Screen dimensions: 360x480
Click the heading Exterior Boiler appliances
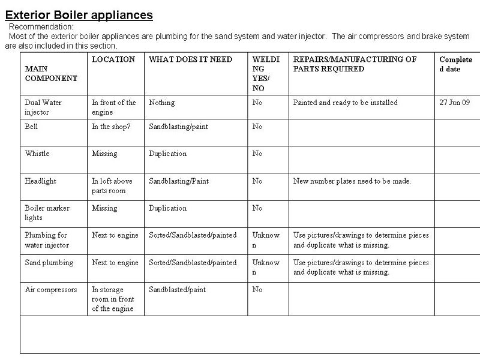(79, 15)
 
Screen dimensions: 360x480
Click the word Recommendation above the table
(41, 27)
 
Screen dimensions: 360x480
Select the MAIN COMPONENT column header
(51, 73)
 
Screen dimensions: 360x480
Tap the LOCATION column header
(113, 59)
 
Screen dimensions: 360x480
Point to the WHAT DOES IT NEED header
(190, 59)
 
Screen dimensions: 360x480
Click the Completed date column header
(455, 64)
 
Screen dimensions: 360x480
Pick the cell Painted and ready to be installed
(345, 103)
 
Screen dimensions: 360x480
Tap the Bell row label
(31, 127)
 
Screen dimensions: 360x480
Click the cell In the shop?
(111, 127)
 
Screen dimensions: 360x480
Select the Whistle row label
(37, 154)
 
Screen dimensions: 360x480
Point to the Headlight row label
(40, 181)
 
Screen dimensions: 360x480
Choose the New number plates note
(352, 181)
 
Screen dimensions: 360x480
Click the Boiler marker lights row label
(47, 213)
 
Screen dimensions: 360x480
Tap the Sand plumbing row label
(49, 262)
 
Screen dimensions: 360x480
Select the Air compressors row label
(51, 289)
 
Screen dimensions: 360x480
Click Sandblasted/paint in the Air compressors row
(178, 289)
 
